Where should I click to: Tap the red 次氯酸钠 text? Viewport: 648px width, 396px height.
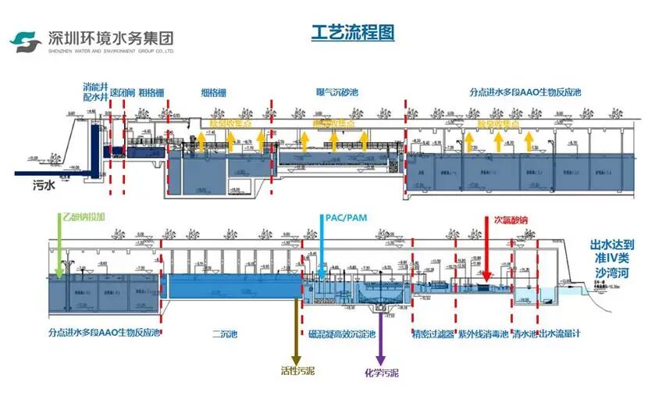(x=510, y=219)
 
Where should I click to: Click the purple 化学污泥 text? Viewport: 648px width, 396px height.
(x=381, y=373)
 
